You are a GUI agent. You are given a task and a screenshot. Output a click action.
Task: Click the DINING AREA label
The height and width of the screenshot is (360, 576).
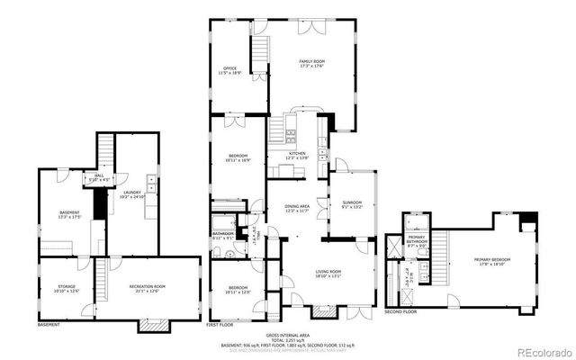point(298,208)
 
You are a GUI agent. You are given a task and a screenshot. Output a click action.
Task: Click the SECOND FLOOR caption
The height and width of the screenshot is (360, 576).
point(400,311)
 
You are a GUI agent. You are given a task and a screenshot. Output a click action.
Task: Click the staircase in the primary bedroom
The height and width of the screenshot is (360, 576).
point(441,247)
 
